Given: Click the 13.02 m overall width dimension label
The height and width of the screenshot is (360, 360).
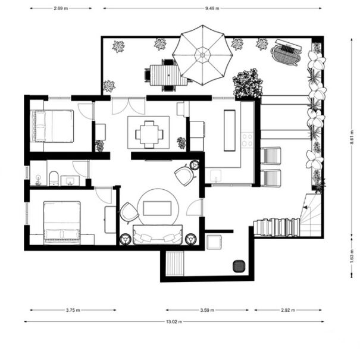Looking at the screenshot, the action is [174, 322].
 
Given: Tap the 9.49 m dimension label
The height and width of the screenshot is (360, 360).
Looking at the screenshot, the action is [212, 8].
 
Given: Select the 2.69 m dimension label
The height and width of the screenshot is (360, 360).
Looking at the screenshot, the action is [61, 8].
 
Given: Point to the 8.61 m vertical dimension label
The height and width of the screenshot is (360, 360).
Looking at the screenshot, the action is [352, 137].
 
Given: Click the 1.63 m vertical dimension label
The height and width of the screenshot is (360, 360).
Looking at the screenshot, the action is [352, 256].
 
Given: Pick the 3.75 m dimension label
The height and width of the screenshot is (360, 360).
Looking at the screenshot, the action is [73, 310].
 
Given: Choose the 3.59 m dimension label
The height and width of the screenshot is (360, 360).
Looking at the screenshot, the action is [207, 310].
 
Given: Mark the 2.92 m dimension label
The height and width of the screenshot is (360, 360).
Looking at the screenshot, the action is [288, 310].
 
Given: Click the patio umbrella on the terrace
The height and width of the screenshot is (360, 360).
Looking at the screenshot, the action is [202, 55].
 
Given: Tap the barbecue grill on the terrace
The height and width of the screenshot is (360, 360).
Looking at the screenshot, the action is [286, 53].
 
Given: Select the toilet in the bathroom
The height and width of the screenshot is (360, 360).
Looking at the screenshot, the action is [54, 179].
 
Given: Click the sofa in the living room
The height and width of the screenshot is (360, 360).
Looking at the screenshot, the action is [158, 234].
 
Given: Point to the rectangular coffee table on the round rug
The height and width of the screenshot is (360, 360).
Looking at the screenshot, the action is [157, 208].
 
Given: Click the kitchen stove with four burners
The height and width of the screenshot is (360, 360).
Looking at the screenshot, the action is [248, 140].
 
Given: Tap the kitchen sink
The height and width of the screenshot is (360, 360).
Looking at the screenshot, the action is [216, 176].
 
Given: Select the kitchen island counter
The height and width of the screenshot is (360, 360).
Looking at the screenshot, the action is [230, 130].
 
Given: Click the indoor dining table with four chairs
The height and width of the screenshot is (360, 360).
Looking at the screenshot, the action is [149, 134].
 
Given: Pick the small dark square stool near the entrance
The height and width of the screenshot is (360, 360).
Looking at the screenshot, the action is [239, 267].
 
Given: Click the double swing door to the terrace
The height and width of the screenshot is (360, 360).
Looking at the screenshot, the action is [129, 106].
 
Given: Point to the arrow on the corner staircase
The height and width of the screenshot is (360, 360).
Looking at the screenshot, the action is [306, 207].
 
